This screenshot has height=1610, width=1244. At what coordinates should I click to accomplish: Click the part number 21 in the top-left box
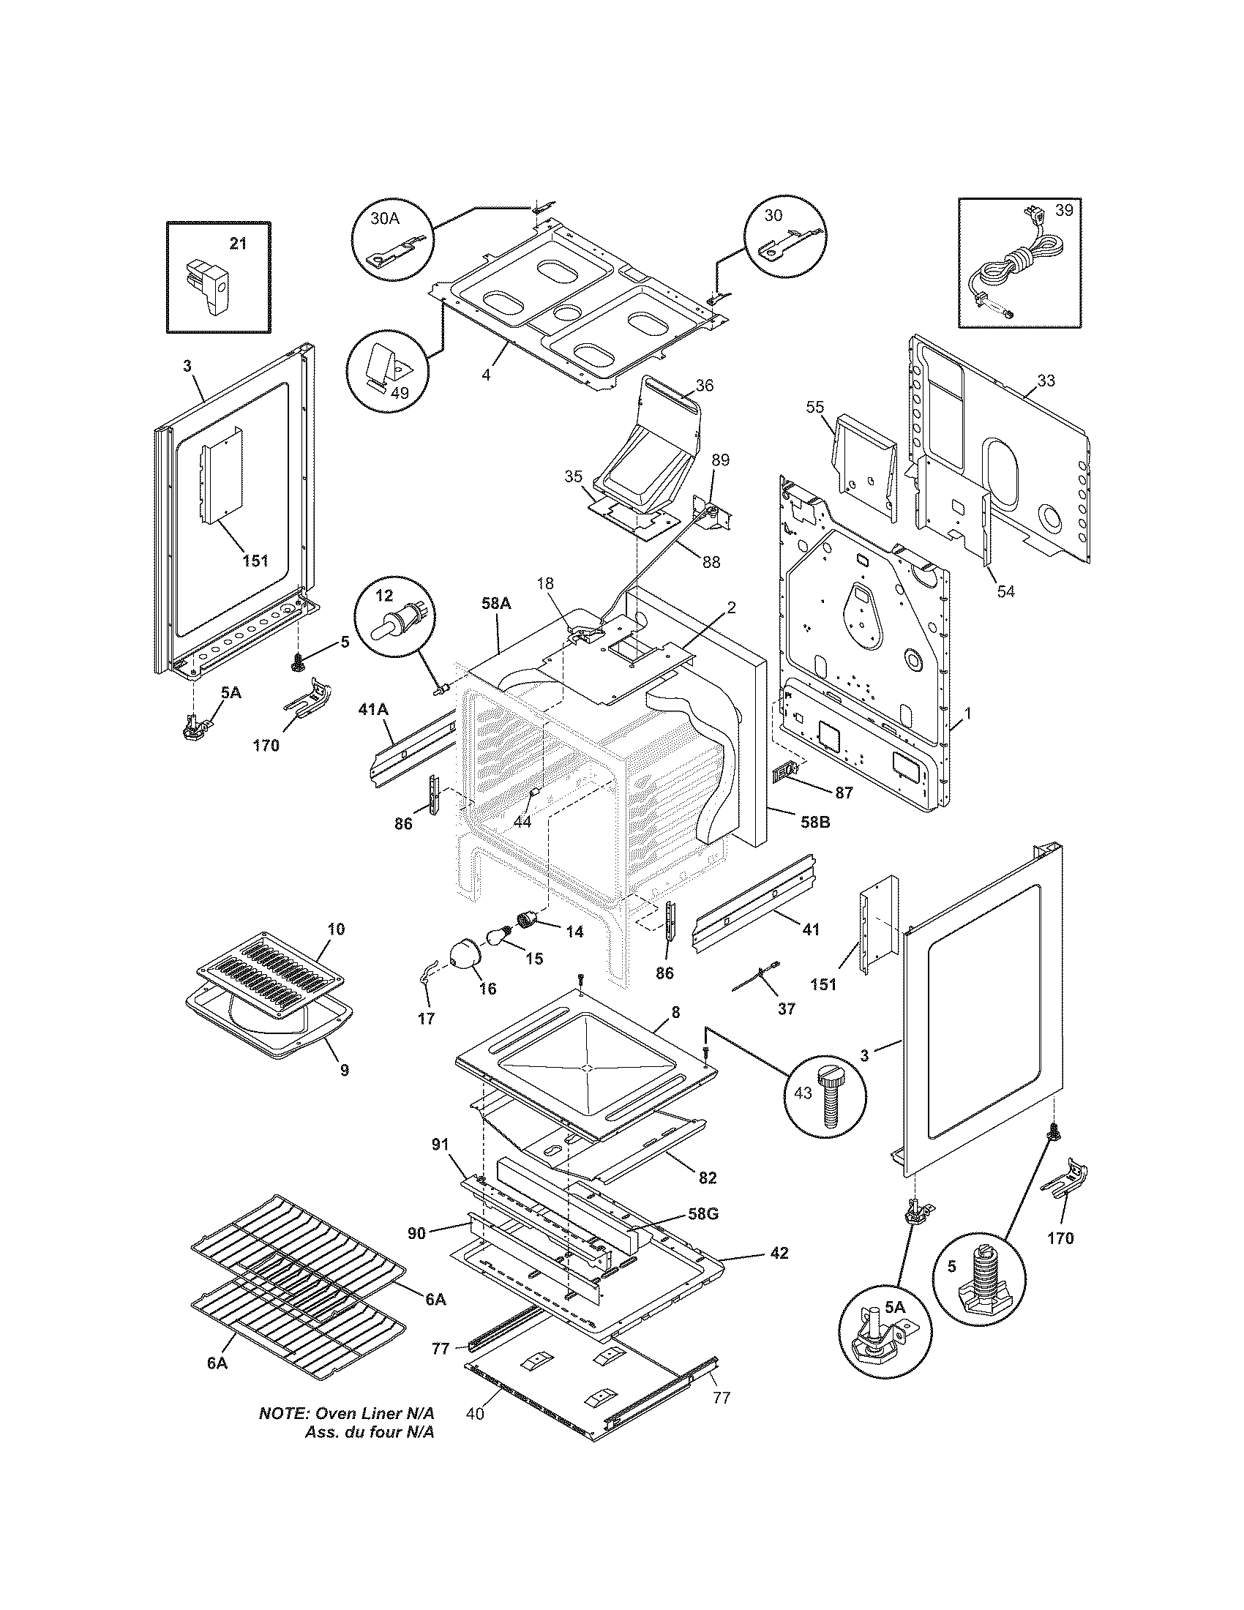click(x=237, y=243)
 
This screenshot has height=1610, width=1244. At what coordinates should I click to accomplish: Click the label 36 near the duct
click(x=704, y=385)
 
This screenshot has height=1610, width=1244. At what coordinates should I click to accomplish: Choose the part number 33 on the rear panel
click(x=1045, y=381)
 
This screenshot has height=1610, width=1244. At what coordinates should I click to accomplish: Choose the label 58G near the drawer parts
click(x=702, y=1213)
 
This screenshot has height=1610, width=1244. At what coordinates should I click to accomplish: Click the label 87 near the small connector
click(x=843, y=793)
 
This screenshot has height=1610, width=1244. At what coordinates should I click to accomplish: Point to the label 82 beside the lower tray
click(x=707, y=1177)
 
